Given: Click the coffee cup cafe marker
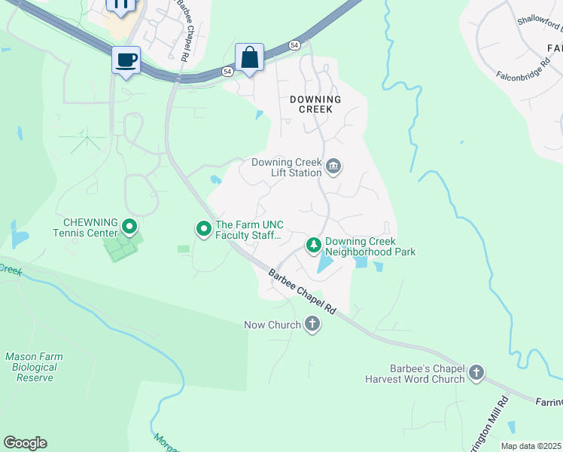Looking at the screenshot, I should tap(126, 60).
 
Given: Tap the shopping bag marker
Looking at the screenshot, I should tap(249, 57).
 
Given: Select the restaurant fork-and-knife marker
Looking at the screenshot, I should tap(120, 5).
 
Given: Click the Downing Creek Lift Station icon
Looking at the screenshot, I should tap(334, 166).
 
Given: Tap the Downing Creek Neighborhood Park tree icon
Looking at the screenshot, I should tap(313, 245).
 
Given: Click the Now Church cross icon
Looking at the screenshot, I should tap(312, 325).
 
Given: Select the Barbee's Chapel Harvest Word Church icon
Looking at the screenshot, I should tap(476, 373).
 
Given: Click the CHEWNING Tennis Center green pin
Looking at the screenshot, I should tap(129, 226).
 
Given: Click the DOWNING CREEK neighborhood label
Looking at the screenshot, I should tap(315, 104).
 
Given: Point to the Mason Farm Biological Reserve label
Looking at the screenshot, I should tap(34, 367).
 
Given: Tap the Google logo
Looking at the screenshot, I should tap(25, 443).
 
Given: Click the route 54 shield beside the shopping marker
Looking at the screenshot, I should tap(227, 71).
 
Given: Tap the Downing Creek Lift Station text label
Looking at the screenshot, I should tap(286, 167).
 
